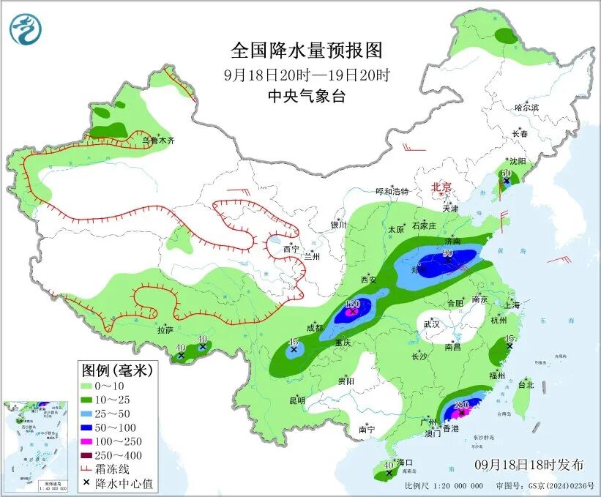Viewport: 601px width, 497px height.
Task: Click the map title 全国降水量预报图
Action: [x=307, y=51]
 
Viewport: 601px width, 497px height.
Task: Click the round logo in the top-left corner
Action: [x=26, y=29]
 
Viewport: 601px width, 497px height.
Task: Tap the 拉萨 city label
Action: [x=165, y=330]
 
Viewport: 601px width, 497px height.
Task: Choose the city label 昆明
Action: [x=296, y=400]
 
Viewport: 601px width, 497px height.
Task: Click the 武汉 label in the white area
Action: [x=432, y=324]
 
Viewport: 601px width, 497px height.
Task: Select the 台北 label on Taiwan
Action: [x=526, y=384]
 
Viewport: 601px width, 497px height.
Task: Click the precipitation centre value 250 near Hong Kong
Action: [x=461, y=405]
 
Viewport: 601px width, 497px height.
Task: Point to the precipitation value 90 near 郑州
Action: [x=447, y=254]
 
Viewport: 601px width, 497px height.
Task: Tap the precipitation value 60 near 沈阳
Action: [x=506, y=173]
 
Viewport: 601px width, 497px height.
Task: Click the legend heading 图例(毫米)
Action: [x=116, y=370]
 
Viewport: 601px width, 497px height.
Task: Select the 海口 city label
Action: [x=404, y=463]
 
